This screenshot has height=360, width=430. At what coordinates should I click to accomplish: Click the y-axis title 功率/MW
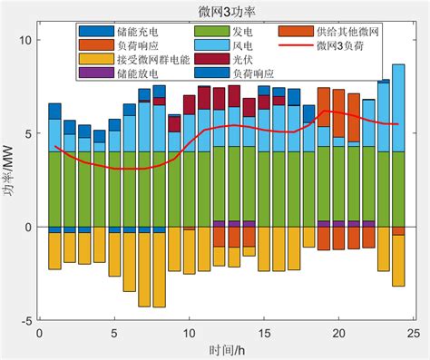(10, 180)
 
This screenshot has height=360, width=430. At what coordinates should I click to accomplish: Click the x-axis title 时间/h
(223, 350)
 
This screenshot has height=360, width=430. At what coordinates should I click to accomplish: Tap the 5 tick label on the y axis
(28, 134)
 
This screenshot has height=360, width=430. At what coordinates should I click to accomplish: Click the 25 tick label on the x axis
(413, 334)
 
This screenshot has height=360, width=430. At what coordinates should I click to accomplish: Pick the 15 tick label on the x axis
(263, 334)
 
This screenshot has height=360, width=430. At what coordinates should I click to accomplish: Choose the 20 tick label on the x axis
(338, 334)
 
